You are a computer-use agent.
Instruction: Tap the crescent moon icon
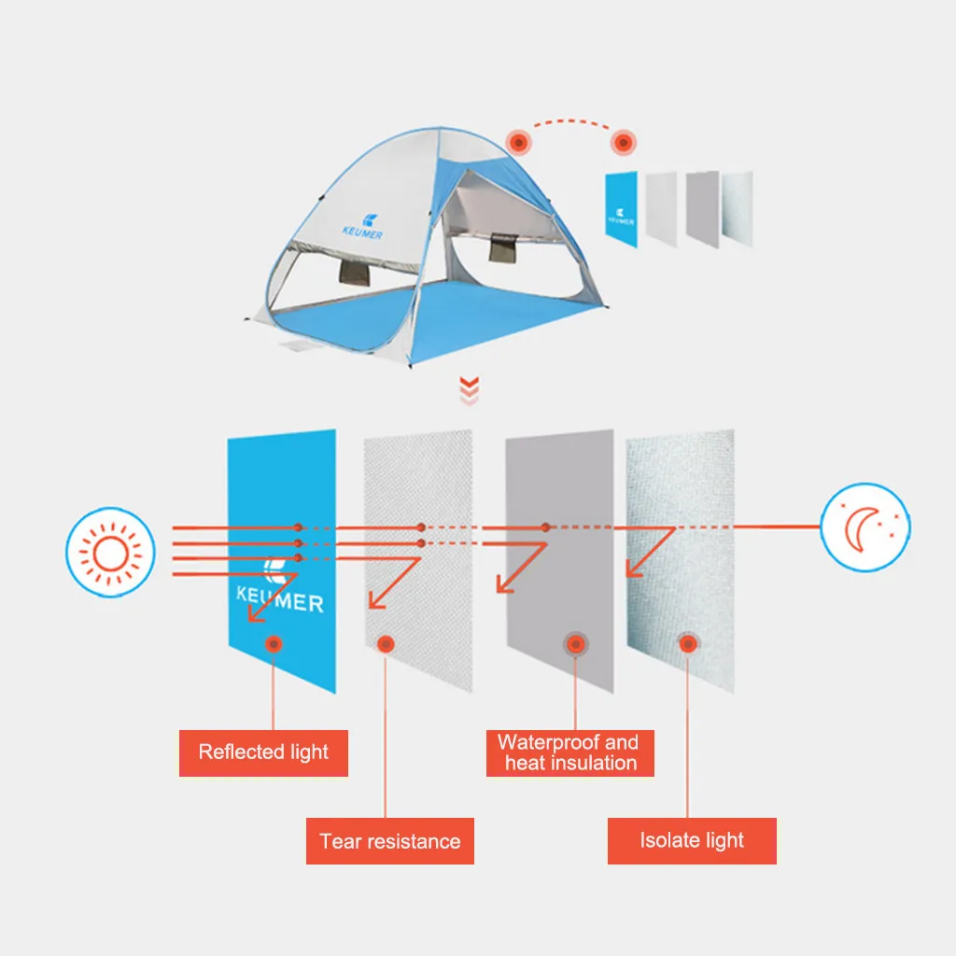865,527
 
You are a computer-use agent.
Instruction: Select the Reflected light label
263,752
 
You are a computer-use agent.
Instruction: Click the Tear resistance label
390,841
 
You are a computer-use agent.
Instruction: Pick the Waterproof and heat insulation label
569,752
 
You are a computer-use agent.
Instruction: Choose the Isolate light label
692,840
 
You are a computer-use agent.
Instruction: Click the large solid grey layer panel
559,560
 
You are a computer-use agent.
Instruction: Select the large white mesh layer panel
418,560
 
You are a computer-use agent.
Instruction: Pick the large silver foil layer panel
681,560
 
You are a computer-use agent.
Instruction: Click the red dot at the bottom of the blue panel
274,643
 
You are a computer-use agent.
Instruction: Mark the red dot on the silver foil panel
688,643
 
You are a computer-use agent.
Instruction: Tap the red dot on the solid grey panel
573,643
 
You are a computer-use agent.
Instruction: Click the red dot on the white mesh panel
386,643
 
